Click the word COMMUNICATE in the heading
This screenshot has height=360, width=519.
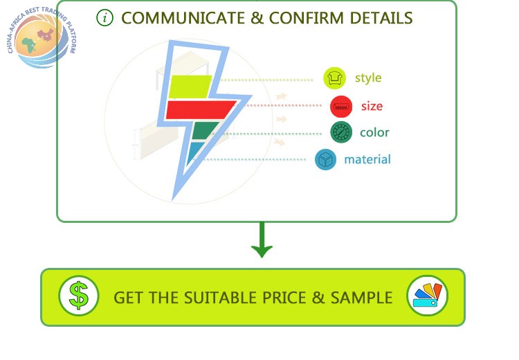(183, 18)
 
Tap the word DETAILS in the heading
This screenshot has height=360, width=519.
(381, 18)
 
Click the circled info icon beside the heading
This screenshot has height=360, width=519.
(105, 18)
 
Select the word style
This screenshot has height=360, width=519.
(368, 78)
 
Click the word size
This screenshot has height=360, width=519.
(372, 107)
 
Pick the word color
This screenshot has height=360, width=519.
(374, 132)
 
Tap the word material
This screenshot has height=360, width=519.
(367, 159)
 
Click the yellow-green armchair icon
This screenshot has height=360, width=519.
(334, 78)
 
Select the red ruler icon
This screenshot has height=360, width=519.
(341, 107)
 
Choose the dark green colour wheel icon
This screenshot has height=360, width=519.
(341, 132)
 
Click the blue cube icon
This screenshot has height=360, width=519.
(325, 160)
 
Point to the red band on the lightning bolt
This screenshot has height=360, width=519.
(199, 109)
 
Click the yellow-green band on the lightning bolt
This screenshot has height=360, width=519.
(190, 87)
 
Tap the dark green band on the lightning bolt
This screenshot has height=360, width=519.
(203, 130)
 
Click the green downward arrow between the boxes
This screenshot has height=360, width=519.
(262, 240)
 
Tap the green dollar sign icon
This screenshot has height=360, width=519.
(78, 296)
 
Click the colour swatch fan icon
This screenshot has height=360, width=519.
(427, 296)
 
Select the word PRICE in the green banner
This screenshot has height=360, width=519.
(284, 298)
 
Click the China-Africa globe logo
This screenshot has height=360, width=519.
(42, 38)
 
